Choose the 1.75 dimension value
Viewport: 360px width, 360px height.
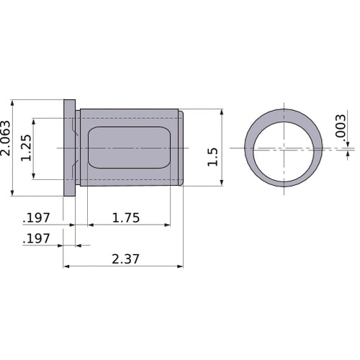click(126, 216)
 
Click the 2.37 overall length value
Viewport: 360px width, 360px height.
click(126, 258)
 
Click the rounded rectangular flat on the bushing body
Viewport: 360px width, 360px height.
click(128, 148)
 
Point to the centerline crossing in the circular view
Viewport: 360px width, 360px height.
click(284, 149)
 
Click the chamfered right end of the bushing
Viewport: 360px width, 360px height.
click(181, 148)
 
